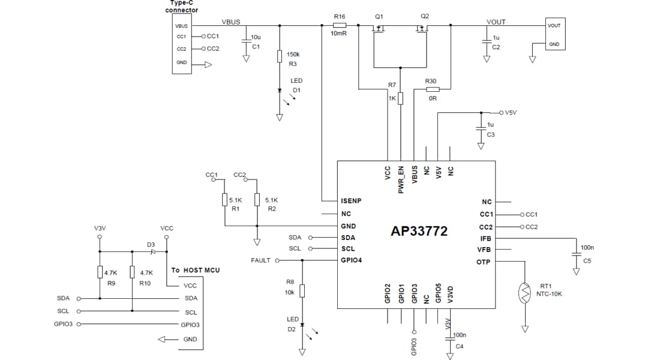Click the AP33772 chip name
click(x=419, y=231)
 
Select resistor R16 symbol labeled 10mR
click(x=340, y=26)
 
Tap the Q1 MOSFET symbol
click(x=379, y=28)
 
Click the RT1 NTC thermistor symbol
click(x=526, y=292)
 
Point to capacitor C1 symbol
click(x=245, y=41)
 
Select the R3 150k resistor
click(x=280, y=57)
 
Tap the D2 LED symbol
click(x=302, y=326)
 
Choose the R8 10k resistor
click(x=302, y=291)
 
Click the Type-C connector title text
click(x=182, y=7)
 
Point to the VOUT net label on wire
click(x=496, y=22)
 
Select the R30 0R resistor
click(x=432, y=89)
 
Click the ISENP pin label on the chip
click(x=351, y=201)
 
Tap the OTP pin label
click(x=484, y=262)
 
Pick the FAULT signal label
click(x=260, y=260)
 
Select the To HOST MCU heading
click(x=195, y=270)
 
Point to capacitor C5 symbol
click(x=576, y=254)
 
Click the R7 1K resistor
click(x=400, y=98)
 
